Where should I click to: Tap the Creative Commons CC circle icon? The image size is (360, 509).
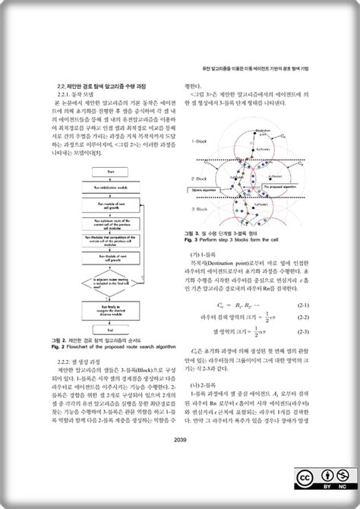(303, 476)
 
